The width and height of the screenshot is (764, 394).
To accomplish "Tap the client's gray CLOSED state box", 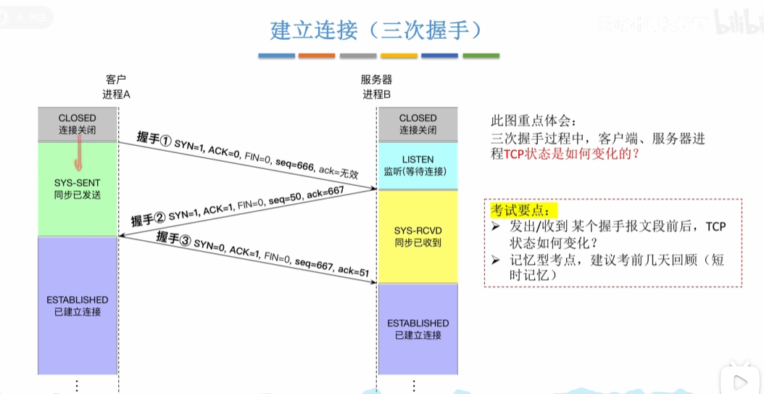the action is coord(78,124).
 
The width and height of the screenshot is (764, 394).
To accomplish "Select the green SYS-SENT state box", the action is coord(78,189).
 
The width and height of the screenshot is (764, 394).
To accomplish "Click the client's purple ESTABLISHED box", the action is coord(78,305).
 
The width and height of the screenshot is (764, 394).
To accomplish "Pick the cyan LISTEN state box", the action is coord(418,165).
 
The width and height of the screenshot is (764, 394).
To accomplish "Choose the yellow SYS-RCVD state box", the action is coord(418,237).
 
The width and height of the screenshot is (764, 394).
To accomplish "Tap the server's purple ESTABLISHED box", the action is coord(418,329).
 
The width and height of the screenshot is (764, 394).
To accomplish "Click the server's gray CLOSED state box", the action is coord(418,124).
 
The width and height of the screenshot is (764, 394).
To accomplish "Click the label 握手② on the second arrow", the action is coord(148,221).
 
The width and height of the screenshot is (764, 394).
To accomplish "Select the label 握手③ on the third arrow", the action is coord(173,238).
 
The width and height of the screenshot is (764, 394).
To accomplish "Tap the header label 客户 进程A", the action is coord(116,87).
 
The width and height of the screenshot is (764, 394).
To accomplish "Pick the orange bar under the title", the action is coord(316,56).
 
